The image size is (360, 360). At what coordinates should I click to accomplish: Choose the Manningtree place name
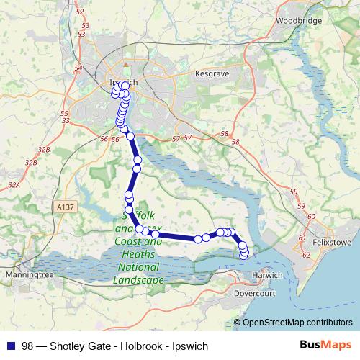pos(26,275)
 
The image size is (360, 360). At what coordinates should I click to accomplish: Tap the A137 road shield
pos(63,206)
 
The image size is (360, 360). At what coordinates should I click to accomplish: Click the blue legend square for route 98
pos(9,344)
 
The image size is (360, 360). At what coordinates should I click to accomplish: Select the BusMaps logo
pos(323,344)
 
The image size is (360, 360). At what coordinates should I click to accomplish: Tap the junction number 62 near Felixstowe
pos(306,254)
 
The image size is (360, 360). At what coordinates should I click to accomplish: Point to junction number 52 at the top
pos(79,12)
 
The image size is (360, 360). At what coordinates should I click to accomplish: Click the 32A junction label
pos(14,185)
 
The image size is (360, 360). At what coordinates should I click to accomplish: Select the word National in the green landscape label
pos(138,268)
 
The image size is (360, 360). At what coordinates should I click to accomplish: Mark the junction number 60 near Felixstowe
pos(311,216)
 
